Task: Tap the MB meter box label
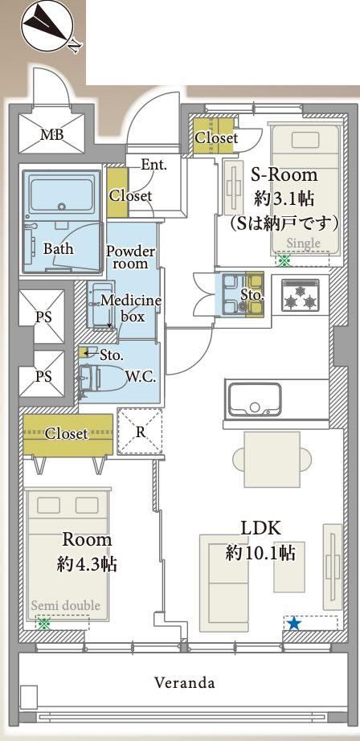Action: [52, 135]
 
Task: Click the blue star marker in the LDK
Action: [294, 624]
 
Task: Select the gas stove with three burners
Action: [301, 296]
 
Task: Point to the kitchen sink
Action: [255, 399]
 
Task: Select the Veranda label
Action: [185, 682]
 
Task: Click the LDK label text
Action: [261, 528]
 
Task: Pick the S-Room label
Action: [284, 175]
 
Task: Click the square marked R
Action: [140, 432]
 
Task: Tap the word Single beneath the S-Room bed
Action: [304, 244]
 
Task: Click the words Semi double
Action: [66, 605]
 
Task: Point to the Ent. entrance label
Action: [153, 165]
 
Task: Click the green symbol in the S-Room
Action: [284, 260]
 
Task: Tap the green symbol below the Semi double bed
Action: [44, 624]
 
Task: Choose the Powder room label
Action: [130, 256]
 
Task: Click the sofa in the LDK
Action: [224, 583]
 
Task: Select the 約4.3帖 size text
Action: [88, 563]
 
